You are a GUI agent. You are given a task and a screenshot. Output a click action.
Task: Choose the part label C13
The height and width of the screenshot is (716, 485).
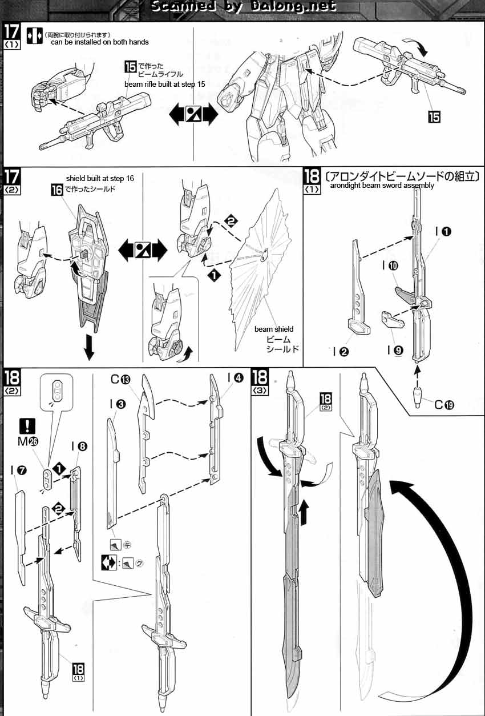pyautogui.click(x=121, y=379)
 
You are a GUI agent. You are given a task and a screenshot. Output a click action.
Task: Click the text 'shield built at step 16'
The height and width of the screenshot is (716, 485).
pyautogui.click(x=100, y=179)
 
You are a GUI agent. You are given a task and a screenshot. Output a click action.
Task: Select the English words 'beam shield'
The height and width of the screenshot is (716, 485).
pyautogui.click(x=274, y=329)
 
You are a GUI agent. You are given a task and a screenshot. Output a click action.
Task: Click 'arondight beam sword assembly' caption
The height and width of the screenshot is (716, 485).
pyautogui.click(x=382, y=185)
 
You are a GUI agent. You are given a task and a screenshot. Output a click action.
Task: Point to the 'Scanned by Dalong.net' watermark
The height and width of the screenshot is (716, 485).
pyautogui.click(x=242, y=7)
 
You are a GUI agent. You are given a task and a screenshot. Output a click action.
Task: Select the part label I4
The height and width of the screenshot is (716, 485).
pyautogui.click(x=235, y=377)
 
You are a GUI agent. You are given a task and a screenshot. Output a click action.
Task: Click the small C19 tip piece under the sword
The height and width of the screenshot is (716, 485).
pyautogui.click(x=418, y=393)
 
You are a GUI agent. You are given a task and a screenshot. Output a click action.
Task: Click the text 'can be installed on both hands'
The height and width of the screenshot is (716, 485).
pyautogui.click(x=99, y=42)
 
